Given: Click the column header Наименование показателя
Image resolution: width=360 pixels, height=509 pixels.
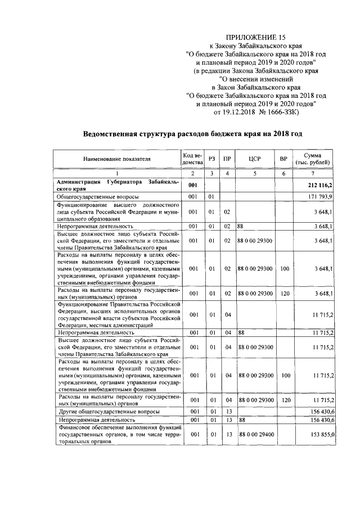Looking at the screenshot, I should point(118,159).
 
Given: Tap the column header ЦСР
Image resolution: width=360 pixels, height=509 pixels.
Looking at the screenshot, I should point(255,159).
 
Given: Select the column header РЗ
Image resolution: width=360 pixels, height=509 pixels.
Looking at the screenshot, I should point(211,159).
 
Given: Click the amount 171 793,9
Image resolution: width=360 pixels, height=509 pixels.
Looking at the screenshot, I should point(321,197).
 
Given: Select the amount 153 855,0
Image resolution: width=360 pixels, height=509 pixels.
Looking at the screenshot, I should point(321,434).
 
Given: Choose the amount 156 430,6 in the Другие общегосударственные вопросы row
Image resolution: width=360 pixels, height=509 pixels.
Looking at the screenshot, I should point(321,411).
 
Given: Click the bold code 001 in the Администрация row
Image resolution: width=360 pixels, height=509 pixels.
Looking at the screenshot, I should point(192,185).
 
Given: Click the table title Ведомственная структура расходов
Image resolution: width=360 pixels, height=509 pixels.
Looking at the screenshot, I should point(193,134).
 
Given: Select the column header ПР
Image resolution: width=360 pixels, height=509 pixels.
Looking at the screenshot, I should point(227,159).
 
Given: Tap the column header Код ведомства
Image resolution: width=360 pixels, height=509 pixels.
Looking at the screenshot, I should point(192,159).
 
